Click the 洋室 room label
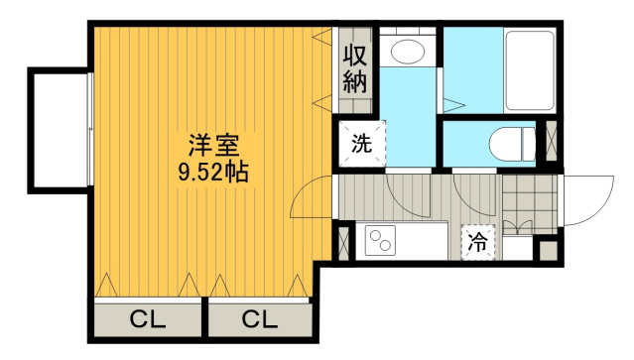click(x=213, y=146)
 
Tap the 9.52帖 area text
click(x=213, y=173)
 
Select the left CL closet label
click(x=148, y=319)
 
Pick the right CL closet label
click(x=260, y=319)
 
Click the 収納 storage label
click(x=354, y=69)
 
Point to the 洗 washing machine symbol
click(x=361, y=144)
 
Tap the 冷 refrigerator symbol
click(x=478, y=242)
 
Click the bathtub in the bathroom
click(x=530, y=69)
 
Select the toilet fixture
click(x=512, y=144)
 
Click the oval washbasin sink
click(x=408, y=52)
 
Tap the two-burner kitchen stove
click(x=380, y=240)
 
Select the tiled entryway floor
click(x=530, y=204)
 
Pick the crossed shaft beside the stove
click(x=343, y=243)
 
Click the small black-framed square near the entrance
click(x=549, y=251)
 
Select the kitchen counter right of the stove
click(x=422, y=241)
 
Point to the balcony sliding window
click(x=90, y=130)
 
